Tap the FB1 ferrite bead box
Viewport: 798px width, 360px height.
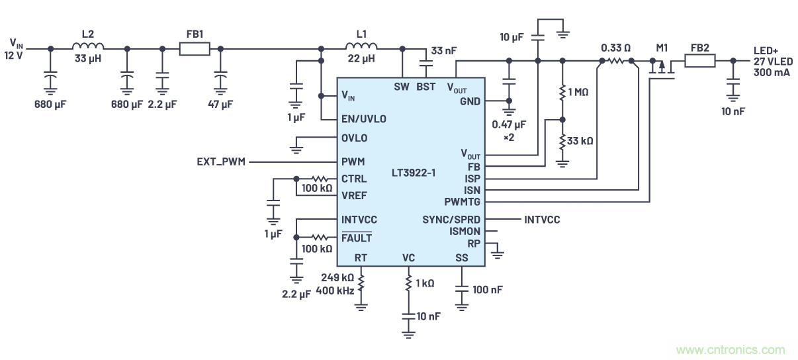click(195, 48)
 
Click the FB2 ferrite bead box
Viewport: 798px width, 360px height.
click(699, 62)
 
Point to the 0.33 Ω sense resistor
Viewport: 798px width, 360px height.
click(616, 62)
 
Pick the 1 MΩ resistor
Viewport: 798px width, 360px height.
click(562, 92)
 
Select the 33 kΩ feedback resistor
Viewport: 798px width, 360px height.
click(562, 140)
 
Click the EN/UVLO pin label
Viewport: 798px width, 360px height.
click(363, 119)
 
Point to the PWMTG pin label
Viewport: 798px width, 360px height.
click(463, 201)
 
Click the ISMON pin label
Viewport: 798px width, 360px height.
click(465, 232)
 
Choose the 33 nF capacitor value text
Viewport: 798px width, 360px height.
click(443, 51)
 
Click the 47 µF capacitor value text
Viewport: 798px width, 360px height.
click(220, 104)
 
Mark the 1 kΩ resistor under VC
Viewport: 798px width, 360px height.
click(408, 283)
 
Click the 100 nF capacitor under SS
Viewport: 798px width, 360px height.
click(462, 289)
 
